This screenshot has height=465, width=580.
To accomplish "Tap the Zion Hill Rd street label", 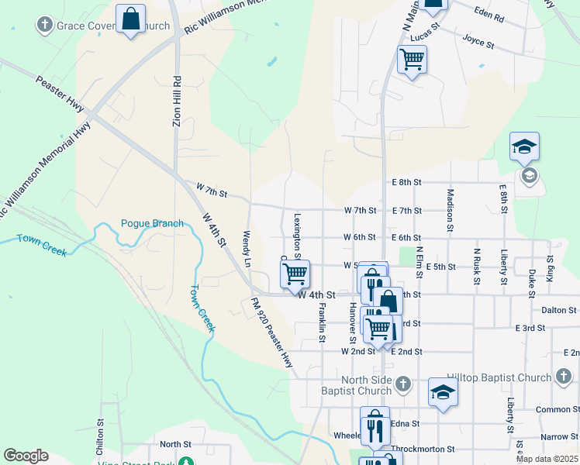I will (177, 101).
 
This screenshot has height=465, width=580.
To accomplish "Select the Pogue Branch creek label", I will (152, 224).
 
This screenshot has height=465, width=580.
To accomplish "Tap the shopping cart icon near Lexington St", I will (295, 274).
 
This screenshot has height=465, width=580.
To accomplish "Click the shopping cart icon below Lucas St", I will (412, 59).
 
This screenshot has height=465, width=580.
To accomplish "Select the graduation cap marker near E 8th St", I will (524, 146).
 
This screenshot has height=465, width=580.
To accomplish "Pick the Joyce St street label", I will (478, 41).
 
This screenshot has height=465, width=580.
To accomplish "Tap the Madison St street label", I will (450, 210).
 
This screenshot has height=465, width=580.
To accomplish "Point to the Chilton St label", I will (101, 438).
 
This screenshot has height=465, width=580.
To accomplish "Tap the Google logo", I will (26, 456).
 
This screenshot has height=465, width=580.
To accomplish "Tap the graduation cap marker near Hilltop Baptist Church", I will (443, 392).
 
